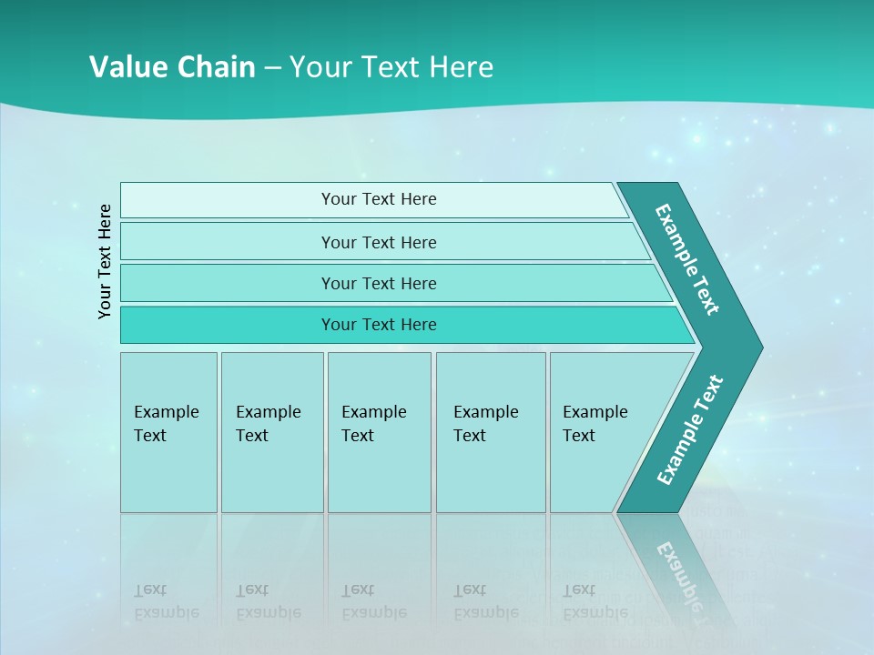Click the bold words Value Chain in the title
[172, 66]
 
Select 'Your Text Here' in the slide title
[391, 66]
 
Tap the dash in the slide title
[272, 67]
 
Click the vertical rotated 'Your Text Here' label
[106, 261]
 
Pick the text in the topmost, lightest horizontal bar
[379, 199]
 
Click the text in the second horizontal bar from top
[379, 242]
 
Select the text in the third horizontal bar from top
[379, 283]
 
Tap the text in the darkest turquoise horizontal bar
[379, 325]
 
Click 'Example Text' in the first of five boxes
[166, 423]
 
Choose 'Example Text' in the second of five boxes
[268, 423]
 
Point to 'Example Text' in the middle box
[373, 423]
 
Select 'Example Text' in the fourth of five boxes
[485, 423]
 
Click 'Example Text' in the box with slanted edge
[595, 423]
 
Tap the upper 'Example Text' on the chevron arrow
[687, 259]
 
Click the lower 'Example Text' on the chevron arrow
[690, 430]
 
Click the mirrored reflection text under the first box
[166, 601]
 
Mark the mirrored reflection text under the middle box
[373, 601]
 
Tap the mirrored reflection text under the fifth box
[595, 601]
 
